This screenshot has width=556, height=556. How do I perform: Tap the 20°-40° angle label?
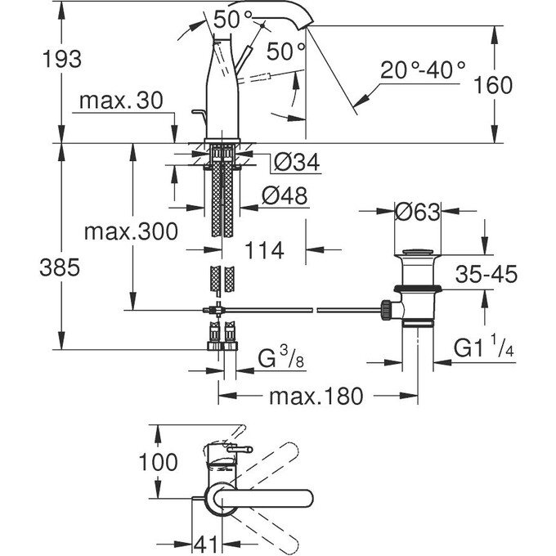(x=423, y=69)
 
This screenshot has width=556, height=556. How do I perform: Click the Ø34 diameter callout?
(x=292, y=164)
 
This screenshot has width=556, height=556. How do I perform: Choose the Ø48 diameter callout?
(x=287, y=195)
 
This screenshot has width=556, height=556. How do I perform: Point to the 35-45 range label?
(x=487, y=275)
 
